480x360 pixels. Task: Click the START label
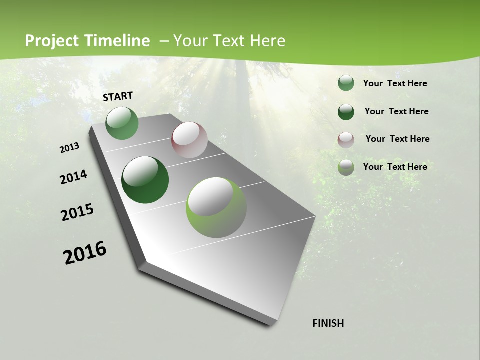point(118,96)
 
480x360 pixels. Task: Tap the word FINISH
point(328,323)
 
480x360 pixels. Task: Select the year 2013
point(70,148)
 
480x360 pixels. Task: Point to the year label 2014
point(73,177)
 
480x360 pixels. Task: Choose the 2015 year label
point(77,212)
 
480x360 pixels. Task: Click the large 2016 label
point(85,253)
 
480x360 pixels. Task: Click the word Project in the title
point(52,41)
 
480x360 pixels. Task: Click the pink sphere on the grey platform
point(189,140)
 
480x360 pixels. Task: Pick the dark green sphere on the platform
point(145,180)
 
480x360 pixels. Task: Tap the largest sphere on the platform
point(216,207)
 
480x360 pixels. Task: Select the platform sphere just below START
point(122,123)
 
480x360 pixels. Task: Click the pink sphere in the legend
point(346,139)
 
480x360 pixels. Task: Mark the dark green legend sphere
point(346,112)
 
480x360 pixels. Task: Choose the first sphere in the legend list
point(346,83)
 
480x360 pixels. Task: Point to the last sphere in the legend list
point(346,167)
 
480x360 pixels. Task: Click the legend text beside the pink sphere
point(397,139)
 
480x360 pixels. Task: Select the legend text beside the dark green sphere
point(396,111)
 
